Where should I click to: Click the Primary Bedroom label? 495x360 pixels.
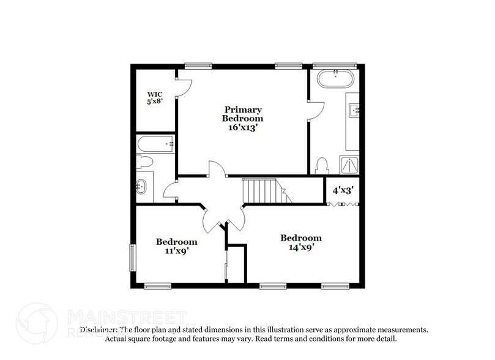pyautogui.click(x=242, y=118)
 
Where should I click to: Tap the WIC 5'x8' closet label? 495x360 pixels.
pyautogui.click(x=154, y=99)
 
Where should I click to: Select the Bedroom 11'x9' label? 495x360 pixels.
pyautogui.click(x=176, y=246)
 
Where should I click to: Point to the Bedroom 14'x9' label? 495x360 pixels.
pyautogui.click(x=301, y=242)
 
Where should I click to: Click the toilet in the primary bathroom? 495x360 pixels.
pyautogui.click(x=323, y=166)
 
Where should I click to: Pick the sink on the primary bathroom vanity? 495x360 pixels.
pyautogui.click(x=354, y=110)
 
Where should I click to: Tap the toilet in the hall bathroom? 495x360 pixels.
pyautogui.click(x=145, y=162)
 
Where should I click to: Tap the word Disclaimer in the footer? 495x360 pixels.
pyautogui.click(x=99, y=329)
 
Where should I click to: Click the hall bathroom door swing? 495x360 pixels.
pyautogui.click(x=169, y=189)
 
